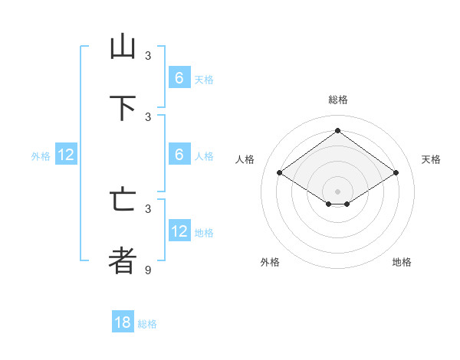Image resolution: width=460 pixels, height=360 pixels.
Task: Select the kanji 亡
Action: tap(123, 199)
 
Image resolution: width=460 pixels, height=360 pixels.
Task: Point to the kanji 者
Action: tap(123, 260)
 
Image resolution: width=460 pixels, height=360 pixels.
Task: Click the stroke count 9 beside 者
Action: tap(148, 270)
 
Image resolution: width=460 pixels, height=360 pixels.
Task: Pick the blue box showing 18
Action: tap(123, 322)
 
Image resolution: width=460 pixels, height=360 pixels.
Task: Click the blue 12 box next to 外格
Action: tap(66, 155)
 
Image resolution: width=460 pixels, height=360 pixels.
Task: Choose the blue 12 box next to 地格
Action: tap(179, 231)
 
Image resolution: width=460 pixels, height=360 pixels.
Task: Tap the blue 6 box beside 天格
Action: tap(179, 77)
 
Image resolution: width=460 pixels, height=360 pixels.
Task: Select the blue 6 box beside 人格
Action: tap(179, 155)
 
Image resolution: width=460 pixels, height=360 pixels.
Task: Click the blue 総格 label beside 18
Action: tap(147, 324)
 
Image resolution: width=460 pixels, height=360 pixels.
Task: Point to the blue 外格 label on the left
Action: tap(41, 156)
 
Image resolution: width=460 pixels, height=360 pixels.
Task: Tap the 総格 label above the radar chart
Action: tap(337, 100)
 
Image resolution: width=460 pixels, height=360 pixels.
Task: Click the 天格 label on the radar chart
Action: tap(431, 159)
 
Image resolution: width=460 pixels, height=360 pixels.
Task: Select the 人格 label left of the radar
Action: tap(245, 159)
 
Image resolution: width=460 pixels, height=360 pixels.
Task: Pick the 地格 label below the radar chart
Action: tap(402, 262)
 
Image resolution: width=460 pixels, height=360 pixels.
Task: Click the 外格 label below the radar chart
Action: tap(270, 262)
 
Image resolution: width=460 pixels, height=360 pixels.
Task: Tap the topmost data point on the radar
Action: tap(337, 130)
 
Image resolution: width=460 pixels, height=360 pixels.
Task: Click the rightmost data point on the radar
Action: tap(396, 173)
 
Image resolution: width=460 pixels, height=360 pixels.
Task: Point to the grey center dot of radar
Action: tap(337, 191)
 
